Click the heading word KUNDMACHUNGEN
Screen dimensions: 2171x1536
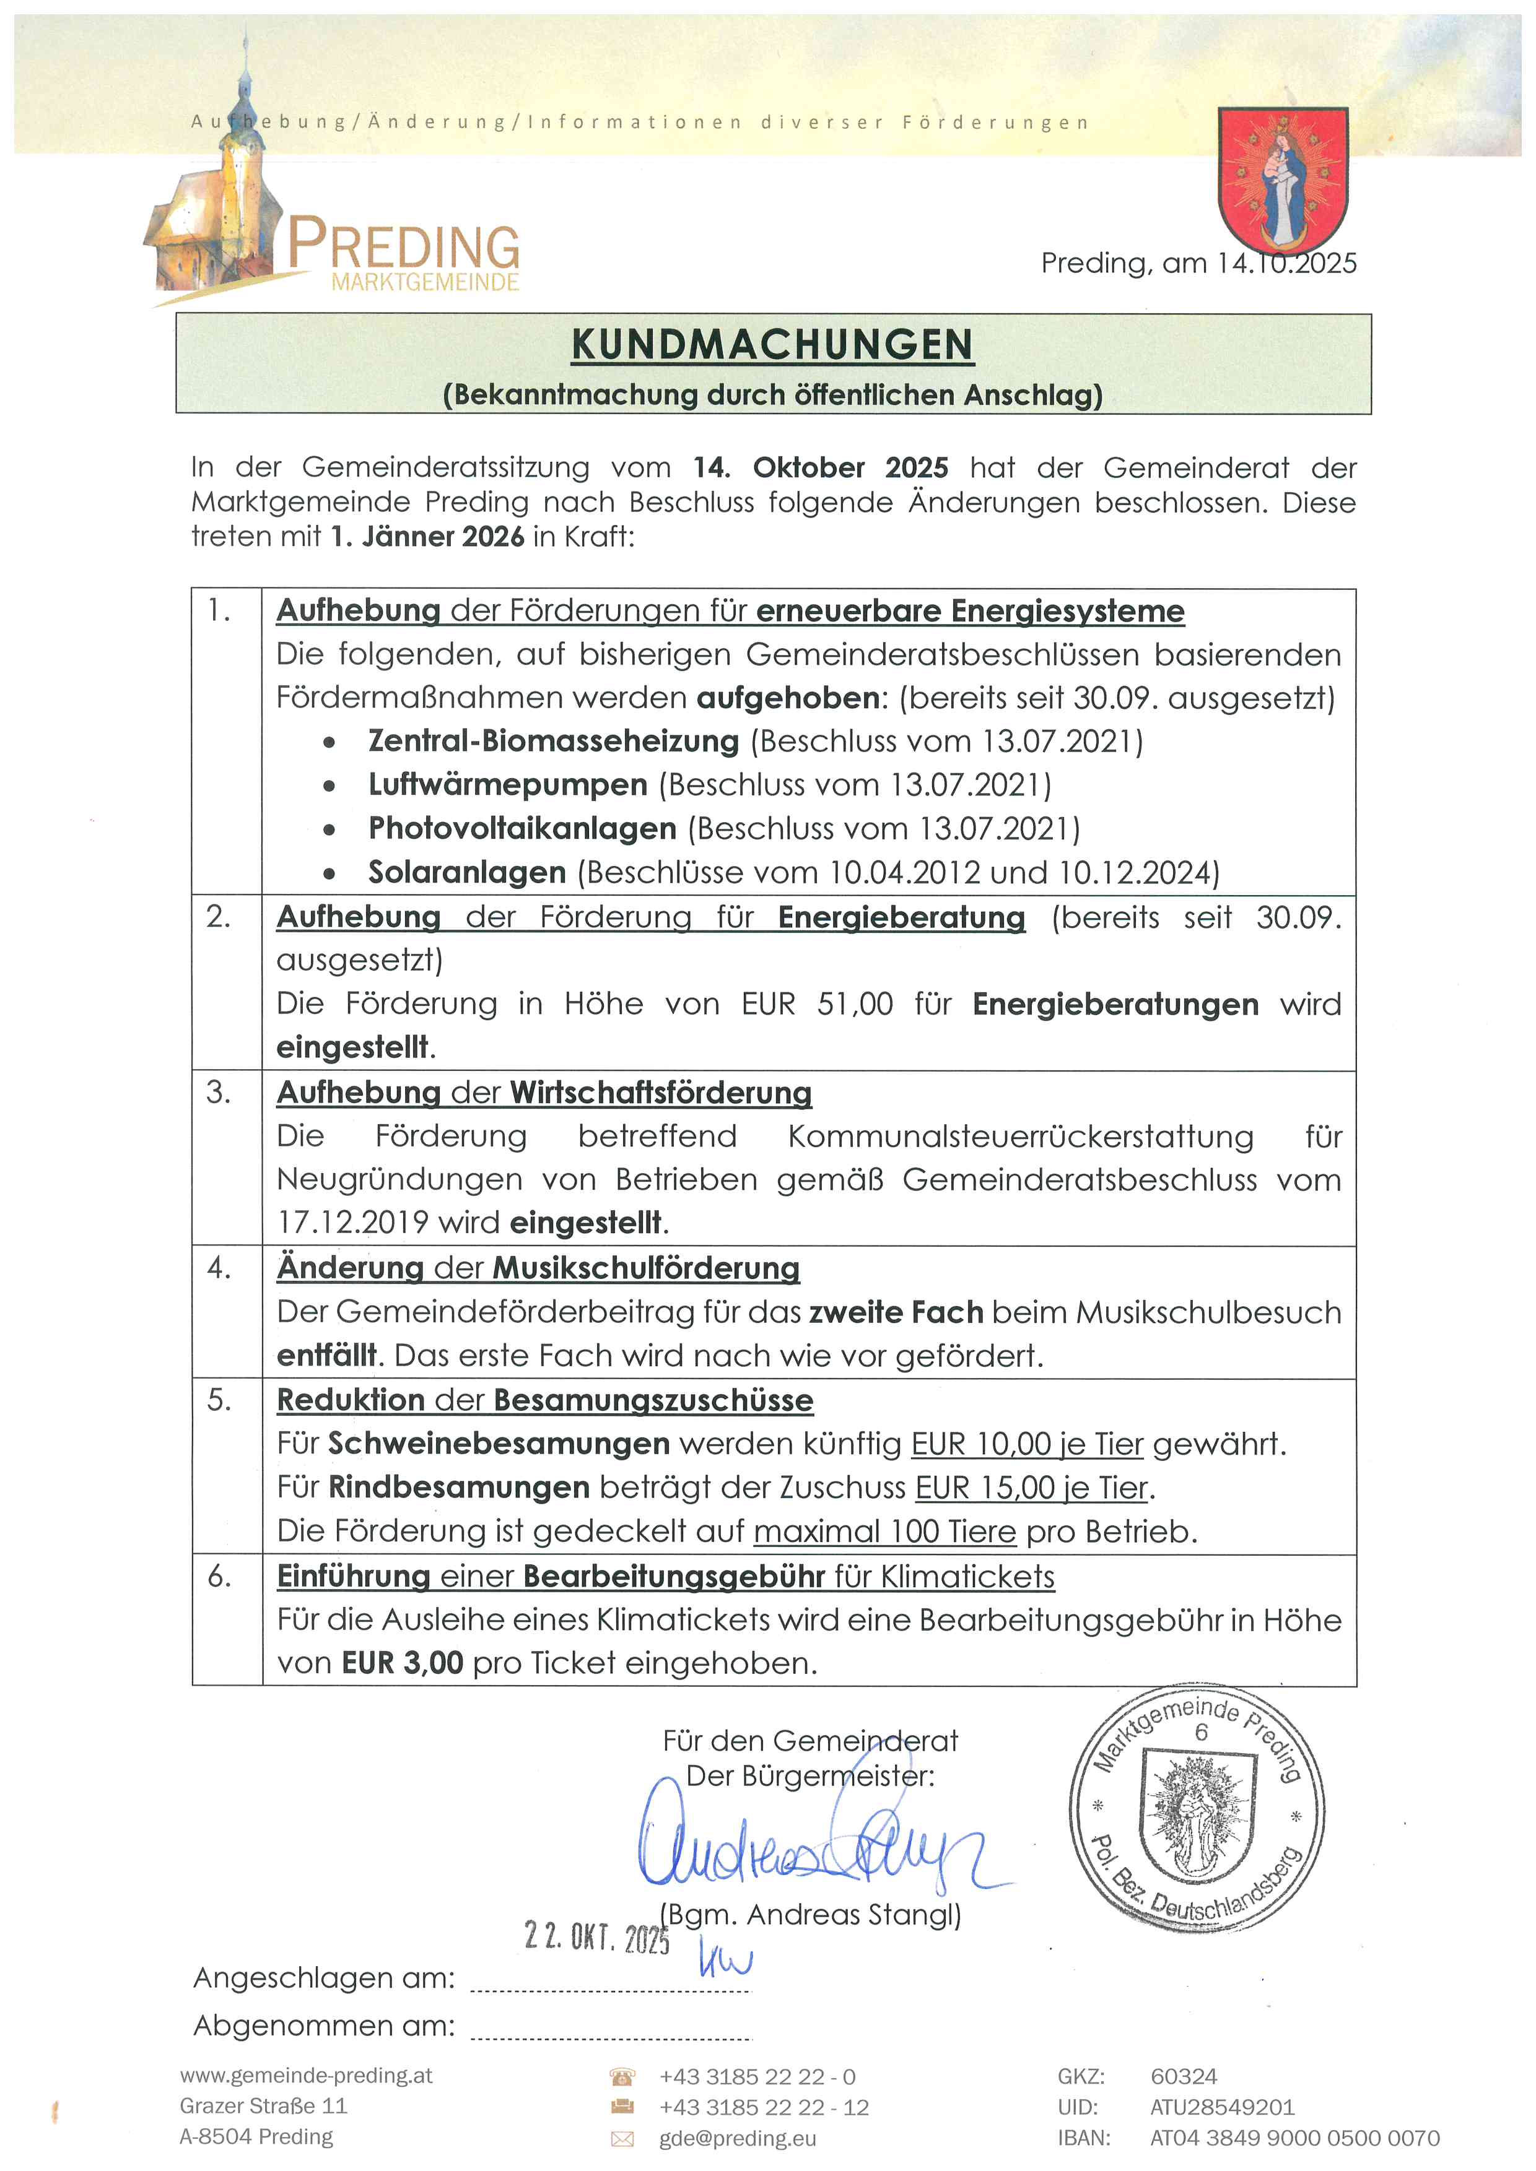[772, 345]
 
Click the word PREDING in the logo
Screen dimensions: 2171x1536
[404, 245]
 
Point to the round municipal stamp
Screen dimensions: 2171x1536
[1197, 1808]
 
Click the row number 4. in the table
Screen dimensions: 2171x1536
[219, 1268]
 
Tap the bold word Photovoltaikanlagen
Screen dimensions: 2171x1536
[522, 828]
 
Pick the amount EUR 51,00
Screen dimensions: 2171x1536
[817, 1003]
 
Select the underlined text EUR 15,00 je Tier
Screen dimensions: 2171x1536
[1032, 1488]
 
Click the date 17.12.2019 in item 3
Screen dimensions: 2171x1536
[353, 1223]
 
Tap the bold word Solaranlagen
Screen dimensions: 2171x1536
[467, 872]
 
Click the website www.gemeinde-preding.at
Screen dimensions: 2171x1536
[305, 2076]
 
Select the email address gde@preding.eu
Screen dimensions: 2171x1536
[738, 2138]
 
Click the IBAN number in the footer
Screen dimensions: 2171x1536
[1294, 2138]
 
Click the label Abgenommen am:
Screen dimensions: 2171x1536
[323, 2026]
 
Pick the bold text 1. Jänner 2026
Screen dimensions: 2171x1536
[427, 536]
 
